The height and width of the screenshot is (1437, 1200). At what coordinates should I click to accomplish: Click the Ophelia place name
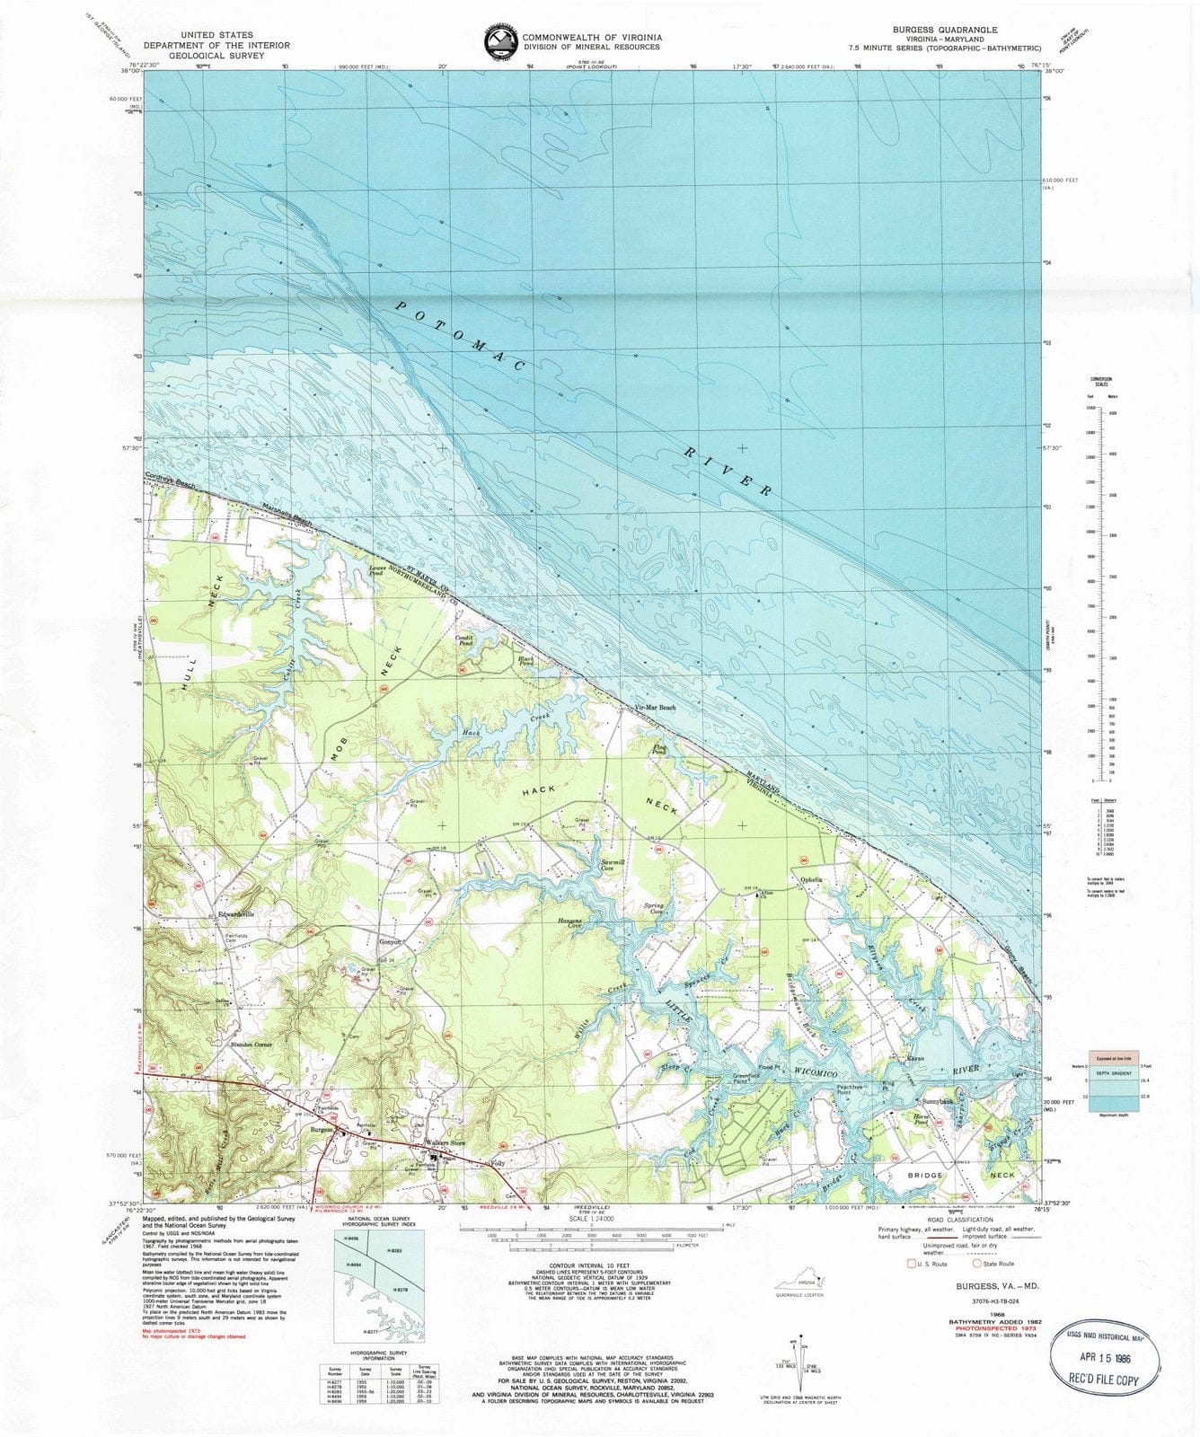tap(805, 879)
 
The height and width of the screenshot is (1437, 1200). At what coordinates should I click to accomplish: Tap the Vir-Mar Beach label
tap(655, 708)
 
